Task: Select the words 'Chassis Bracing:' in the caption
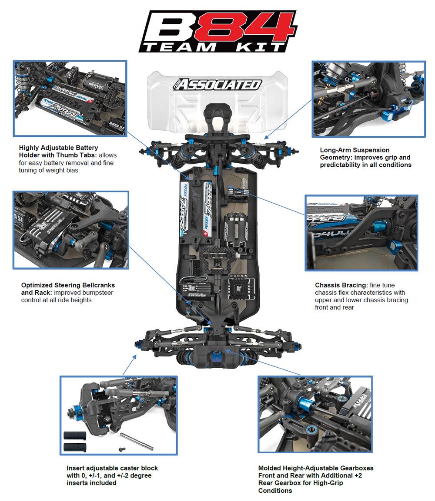(341, 285)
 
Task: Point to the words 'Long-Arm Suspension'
(355, 150)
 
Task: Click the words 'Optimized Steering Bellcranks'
(68, 285)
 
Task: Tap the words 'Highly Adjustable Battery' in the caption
(59, 148)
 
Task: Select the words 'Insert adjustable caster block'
(112, 468)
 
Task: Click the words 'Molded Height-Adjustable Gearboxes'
(315, 468)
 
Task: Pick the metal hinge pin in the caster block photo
(137, 442)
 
